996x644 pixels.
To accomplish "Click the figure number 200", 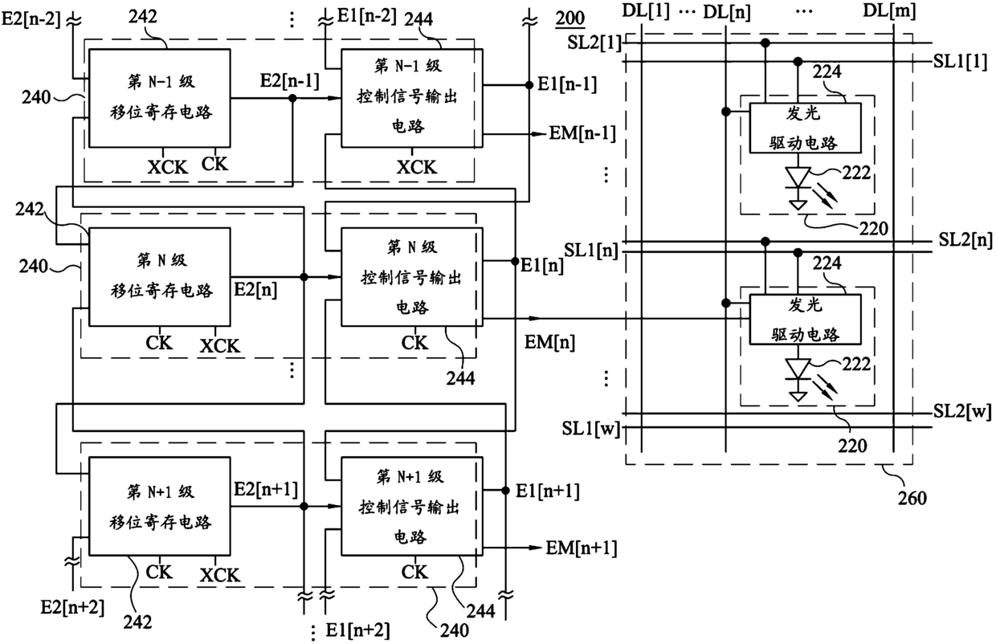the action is pos(569,18).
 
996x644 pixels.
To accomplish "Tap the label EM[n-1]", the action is pos(582,133).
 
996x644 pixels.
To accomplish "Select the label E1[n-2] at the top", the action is pos(367,16).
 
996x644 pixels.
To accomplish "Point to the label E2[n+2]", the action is pos(72,607).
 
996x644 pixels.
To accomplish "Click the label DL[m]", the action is pos(889,10).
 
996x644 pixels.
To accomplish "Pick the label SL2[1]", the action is pos(594,43).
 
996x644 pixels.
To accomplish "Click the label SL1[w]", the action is pos(590,429).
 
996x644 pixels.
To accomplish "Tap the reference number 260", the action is pos(912,498).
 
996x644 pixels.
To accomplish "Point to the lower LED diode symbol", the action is pos(798,369).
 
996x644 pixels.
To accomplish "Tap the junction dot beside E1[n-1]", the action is pos(529,85).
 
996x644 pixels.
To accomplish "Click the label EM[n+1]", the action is pos(582,548).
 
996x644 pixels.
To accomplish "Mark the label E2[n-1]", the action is pos(289,81).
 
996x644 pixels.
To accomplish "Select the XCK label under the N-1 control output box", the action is pos(417,167).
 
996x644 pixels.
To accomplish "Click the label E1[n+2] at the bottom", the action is pos(357,630).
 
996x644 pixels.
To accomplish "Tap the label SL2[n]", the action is pos(965,240).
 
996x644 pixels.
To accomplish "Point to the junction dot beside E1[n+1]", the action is pos(505,491).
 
